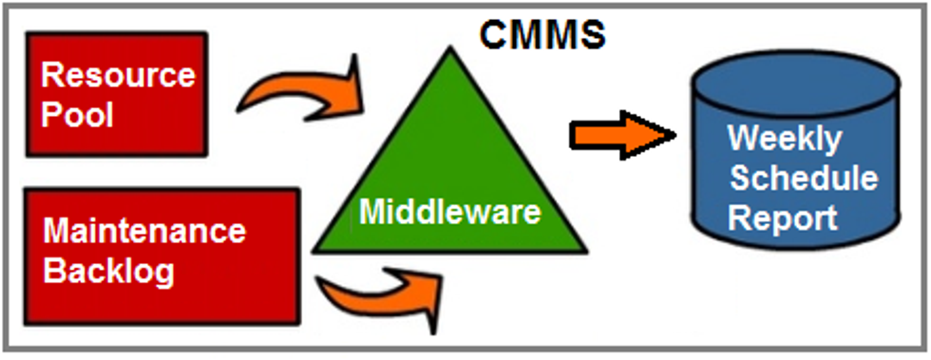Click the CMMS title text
[x=541, y=33]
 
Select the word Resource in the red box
[x=119, y=74]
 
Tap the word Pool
[x=77, y=114]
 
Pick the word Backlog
[x=109, y=272]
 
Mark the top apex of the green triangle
[x=448, y=49]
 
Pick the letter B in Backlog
[x=55, y=272]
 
